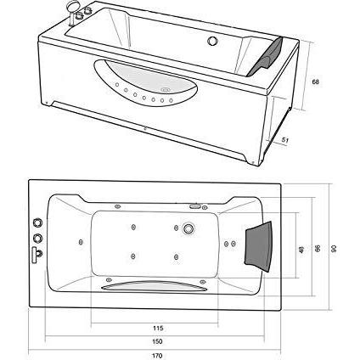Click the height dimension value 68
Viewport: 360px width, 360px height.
(x=315, y=82)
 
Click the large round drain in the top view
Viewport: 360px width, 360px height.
(x=188, y=228)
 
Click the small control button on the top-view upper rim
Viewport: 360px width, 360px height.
(x=194, y=205)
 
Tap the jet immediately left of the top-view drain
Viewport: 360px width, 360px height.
(x=166, y=228)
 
